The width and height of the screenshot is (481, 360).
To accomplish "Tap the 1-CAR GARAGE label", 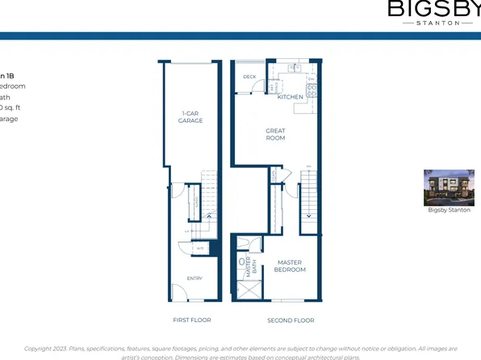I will tap(190, 117).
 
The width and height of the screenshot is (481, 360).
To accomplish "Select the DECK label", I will tap(249, 77).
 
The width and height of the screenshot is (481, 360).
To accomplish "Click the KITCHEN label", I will tap(291, 97).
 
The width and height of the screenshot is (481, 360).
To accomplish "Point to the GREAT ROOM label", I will tap(276, 134).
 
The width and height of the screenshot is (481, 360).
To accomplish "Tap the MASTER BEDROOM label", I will tap(290, 266).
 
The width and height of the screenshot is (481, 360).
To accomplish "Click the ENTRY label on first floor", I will tap(194, 278).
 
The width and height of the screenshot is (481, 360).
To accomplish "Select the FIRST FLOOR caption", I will tap(190, 320).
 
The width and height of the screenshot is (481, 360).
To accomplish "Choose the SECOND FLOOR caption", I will tap(291, 320).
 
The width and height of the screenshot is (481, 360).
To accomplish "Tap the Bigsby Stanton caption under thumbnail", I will tap(449, 210).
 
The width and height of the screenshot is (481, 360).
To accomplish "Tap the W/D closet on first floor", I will tap(200, 249).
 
